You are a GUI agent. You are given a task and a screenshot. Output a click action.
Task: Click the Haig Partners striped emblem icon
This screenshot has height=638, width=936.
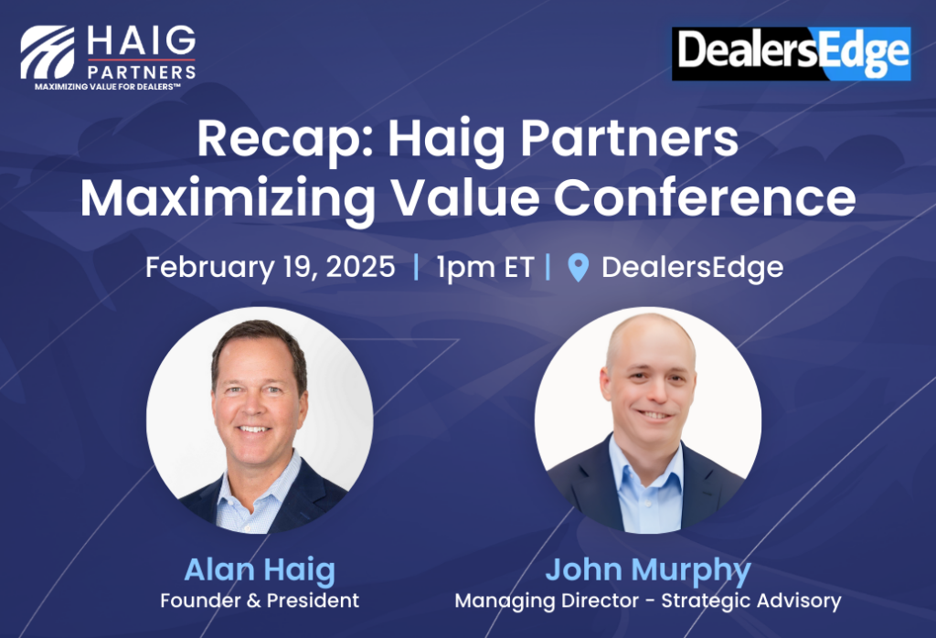tap(48, 52)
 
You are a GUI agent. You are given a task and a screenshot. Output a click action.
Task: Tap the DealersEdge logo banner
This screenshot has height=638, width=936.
tap(791, 54)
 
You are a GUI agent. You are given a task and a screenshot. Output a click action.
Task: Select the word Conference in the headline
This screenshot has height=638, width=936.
tap(705, 197)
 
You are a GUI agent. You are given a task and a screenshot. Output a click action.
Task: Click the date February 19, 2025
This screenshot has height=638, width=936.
tap(271, 267)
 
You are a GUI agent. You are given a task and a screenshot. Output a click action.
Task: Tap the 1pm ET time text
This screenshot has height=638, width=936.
tap(484, 268)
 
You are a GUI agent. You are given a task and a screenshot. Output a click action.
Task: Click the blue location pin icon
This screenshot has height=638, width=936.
tap(578, 268)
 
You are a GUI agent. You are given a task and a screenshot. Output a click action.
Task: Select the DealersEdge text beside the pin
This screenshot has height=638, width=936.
tap(693, 268)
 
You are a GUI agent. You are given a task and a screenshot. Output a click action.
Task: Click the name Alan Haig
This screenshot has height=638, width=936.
tap(260, 570)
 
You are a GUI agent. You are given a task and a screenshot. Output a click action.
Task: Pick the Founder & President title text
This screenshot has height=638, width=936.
tap(260, 601)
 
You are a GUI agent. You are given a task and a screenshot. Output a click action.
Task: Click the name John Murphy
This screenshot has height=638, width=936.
tap(648, 570)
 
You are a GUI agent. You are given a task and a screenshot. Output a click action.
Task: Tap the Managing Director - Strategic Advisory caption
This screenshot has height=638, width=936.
tap(648, 601)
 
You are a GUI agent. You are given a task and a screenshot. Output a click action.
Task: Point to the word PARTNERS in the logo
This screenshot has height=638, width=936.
tap(142, 72)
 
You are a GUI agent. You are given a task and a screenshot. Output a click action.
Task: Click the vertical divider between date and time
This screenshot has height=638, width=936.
tap(416, 267)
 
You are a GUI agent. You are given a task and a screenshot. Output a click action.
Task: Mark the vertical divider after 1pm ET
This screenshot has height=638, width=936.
tap(548, 267)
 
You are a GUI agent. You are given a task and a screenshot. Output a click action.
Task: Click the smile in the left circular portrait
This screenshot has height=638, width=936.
tap(255, 429)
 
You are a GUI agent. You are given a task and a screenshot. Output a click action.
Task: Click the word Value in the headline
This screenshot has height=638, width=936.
tap(463, 197)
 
